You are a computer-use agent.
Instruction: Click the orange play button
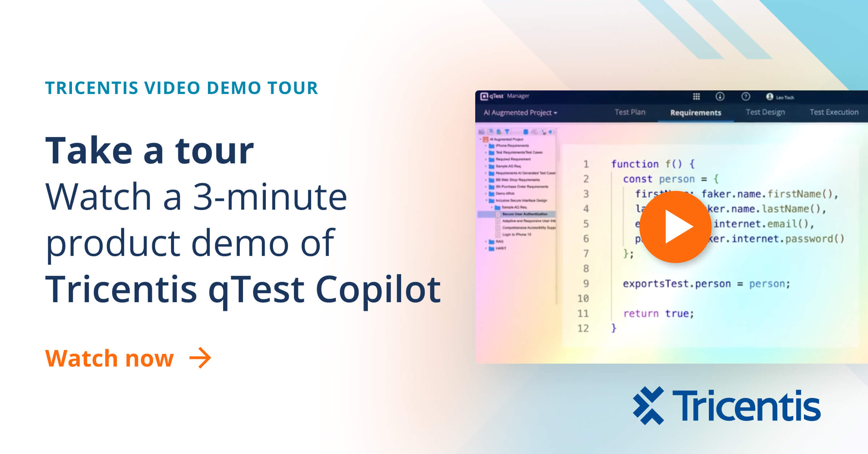pyautogui.click(x=675, y=227)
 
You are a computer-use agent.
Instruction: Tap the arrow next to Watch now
pyautogui.click(x=200, y=358)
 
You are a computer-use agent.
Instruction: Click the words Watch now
pyautogui.click(x=109, y=358)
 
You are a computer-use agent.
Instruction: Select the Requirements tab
pyautogui.click(x=695, y=112)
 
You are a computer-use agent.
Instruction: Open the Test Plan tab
pyautogui.click(x=630, y=112)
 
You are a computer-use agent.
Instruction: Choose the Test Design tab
pyautogui.click(x=765, y=112)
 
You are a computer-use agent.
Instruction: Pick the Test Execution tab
pyautogui.click(x=834, y=112)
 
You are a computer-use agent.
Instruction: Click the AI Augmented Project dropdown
pyautogui.click(x=520, y=112)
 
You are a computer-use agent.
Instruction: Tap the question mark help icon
pyautogui.click(x=745, y=97)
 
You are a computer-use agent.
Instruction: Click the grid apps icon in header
pyautogui.click(x=696, y=97)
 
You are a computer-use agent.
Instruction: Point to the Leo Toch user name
pyautogui.click(x=785, y=97)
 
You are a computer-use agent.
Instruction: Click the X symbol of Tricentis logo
pyautogui.click(x=648, y=405)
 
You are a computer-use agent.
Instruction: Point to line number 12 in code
pyautogui.click(x=583, y=328)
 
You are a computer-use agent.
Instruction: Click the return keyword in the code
pyautogui.click(x=641, y=313)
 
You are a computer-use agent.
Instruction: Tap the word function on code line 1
pyautogui.click(x=635, y=164)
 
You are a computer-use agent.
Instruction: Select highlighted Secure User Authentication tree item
pyautogui.click(x=524, y=214)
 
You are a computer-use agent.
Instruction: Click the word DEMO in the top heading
pyautogui.click(x=234, y=88)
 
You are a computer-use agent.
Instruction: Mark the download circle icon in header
pyautogui.click(x=720, y=97)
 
